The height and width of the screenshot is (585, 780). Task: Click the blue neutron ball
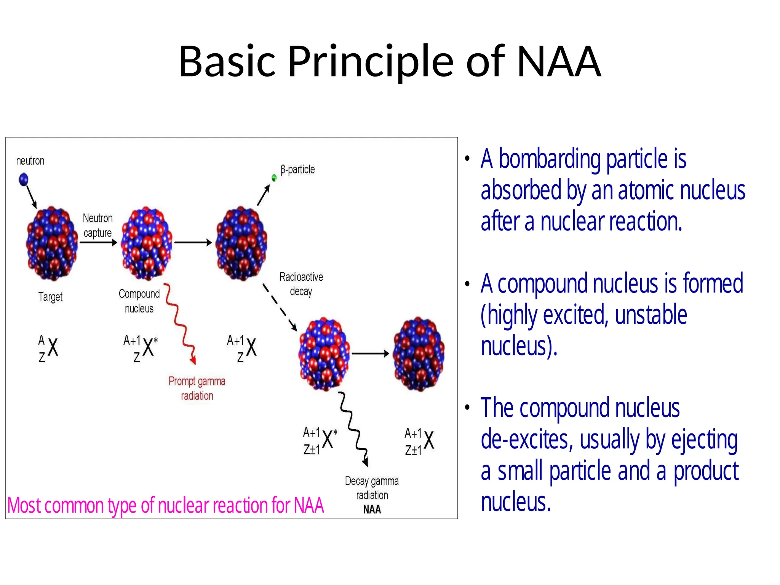click(x=24, y=179)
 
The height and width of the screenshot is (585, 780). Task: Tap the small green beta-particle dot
click(x=274, y=177)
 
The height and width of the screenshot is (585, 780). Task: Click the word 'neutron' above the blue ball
click(x=30, y=161)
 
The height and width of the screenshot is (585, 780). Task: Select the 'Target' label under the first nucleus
click(x=50, y=297)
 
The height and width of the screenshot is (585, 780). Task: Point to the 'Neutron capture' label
click(x=97, y=225)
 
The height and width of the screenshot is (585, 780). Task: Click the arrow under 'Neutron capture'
click(x=98, y=243)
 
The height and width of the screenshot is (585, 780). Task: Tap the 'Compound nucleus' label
click(x=139, y=301)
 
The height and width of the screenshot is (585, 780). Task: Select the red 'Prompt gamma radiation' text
click(x=197, y=388)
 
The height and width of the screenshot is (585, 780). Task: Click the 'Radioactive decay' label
click(x=301, y=284)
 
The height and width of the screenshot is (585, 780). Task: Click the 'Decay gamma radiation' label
click(x=372, y=488)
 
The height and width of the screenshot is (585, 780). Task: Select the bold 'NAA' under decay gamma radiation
click(x=372, y=509)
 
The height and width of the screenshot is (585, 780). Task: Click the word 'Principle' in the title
click(x=371, y=61)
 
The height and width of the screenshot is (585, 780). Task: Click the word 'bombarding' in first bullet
click(x=550, y=159)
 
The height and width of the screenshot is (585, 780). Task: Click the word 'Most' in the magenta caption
click(x=24, y=506)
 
